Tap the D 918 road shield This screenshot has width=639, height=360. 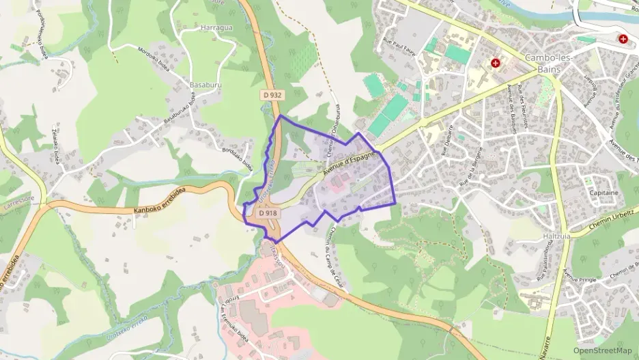point(268,213)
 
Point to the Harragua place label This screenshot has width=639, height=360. point(217,28)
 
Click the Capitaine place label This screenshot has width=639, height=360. point(603,193)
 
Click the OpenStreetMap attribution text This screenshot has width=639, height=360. point(603,350)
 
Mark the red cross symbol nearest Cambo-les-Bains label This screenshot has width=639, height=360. point(496,64)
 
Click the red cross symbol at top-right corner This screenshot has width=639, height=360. point(623,39)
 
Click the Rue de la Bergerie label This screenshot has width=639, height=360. point(476,166)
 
